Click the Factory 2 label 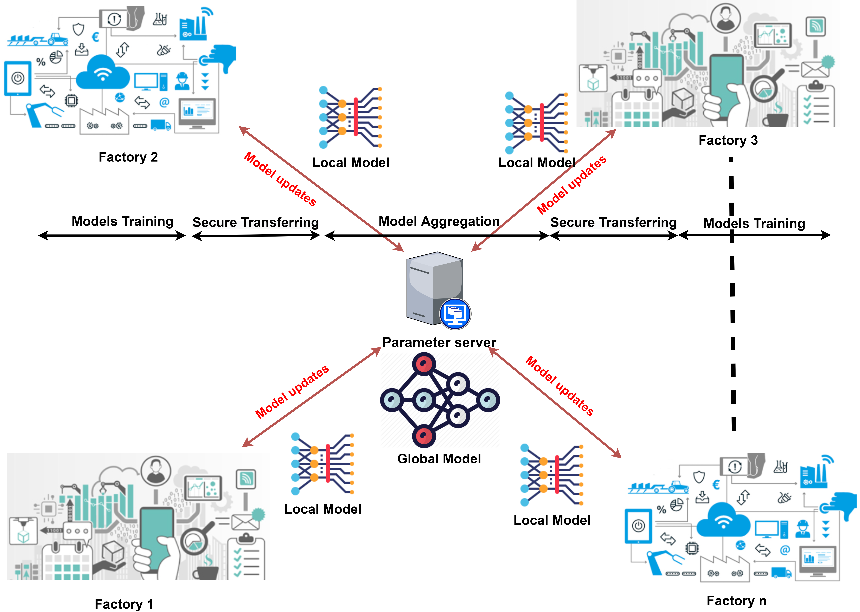pyautogui.click(x=128, y=157)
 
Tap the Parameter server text pyautogui.click(x=439, y=342)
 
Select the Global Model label pyautogui.click(x=439, y=459)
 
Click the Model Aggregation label pyautogui.click(x=439, y=221)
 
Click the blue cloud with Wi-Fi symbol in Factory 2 pyautogui.click(x=103, y=72)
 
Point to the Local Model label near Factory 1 pyautogui.click(x=323, y=509)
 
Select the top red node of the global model pyautogui.click(x=424, y=364)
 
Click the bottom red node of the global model pyautogui.click(x=424, y=436)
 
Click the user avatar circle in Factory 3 pyautogui.click(x=725, y=19)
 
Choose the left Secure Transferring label pyautogui.click(x=256, y=222)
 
